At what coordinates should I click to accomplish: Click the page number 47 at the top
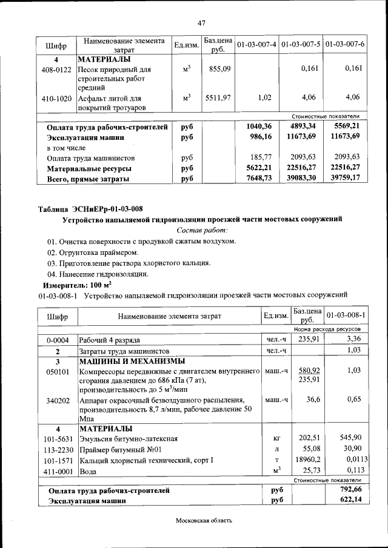tap(202, 23)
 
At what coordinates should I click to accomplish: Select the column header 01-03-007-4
tap(256, 45)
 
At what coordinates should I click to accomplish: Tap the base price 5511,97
tap(218, 97)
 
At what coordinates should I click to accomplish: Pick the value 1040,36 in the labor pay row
tap(259, 127)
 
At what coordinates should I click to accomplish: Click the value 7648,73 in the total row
tap(259, 178)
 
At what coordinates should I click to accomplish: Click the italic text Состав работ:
tap(202, 230)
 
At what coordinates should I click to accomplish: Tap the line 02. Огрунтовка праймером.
tap(93, 252)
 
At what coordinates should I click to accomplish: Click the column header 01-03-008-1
tap(345, 315)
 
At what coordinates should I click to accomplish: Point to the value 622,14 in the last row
tap(349, 500)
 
